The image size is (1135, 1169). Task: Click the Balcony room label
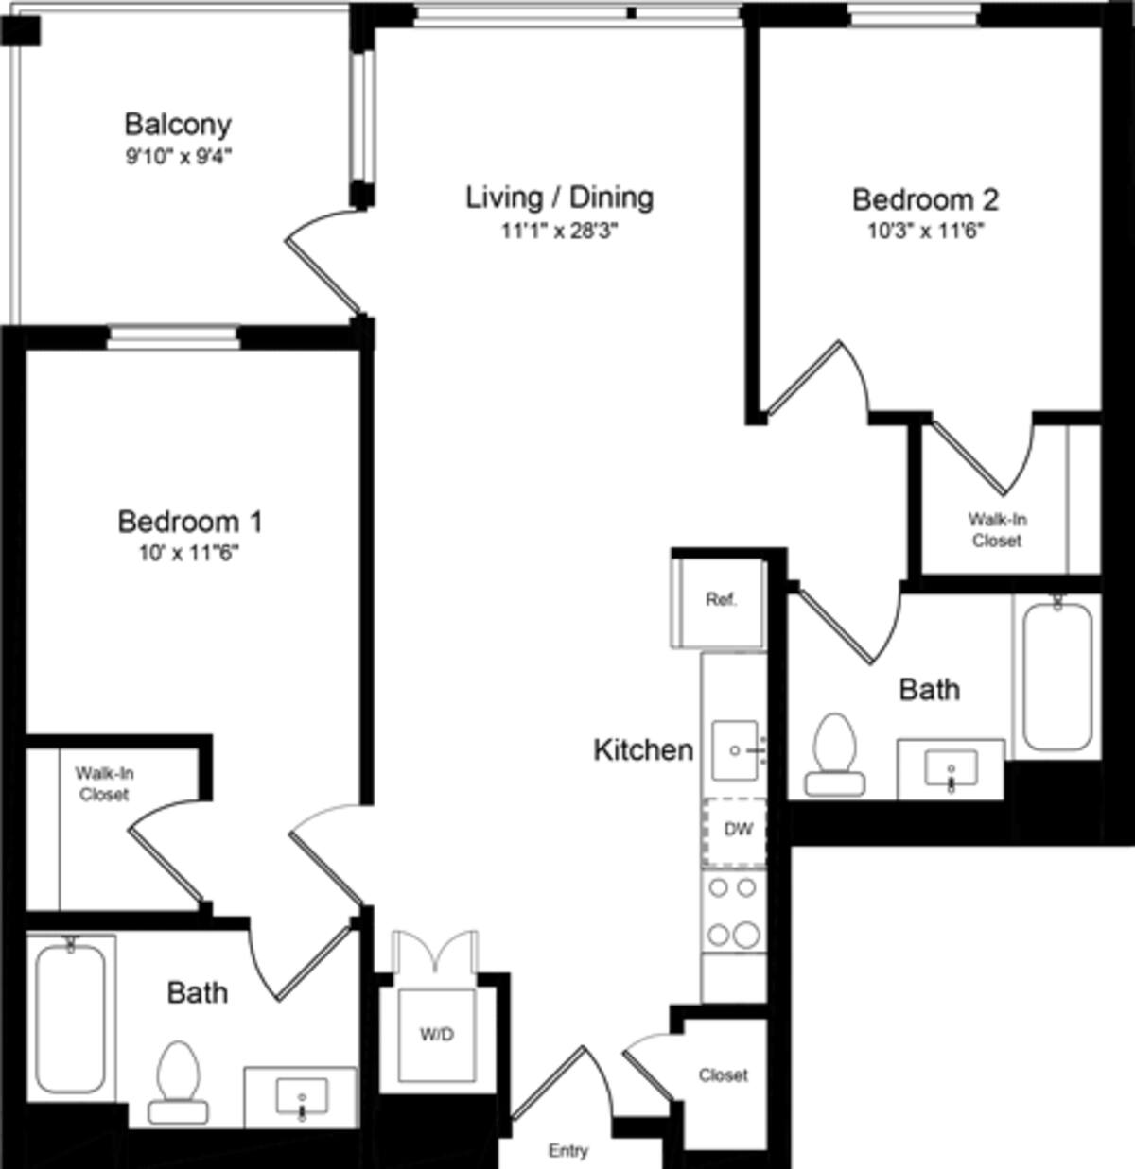pos(178,124)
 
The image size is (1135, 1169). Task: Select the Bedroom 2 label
pos(925,199)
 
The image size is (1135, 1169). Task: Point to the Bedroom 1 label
pos(190,521)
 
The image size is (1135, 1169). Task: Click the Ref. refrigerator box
pos(720,601)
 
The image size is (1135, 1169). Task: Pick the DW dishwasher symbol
pos(736,831)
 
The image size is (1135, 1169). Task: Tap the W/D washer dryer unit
pos(436,1035)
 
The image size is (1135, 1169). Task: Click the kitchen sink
pos(736,750)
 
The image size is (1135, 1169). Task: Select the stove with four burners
pos(734,912)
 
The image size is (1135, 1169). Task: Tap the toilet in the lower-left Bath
pos(179,1082)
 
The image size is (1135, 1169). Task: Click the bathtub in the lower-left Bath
pos(71,1018)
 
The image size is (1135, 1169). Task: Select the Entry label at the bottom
pos(567,1150)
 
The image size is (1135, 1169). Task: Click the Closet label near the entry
pos(723,1075)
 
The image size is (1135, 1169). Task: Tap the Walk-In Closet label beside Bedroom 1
pos(104,783)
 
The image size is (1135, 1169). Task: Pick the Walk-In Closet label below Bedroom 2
pos(997,530)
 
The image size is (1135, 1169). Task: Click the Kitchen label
pos(643,750)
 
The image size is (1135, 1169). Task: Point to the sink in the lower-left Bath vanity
pos(302,1099)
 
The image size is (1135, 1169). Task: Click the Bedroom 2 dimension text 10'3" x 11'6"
pos(925,231)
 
